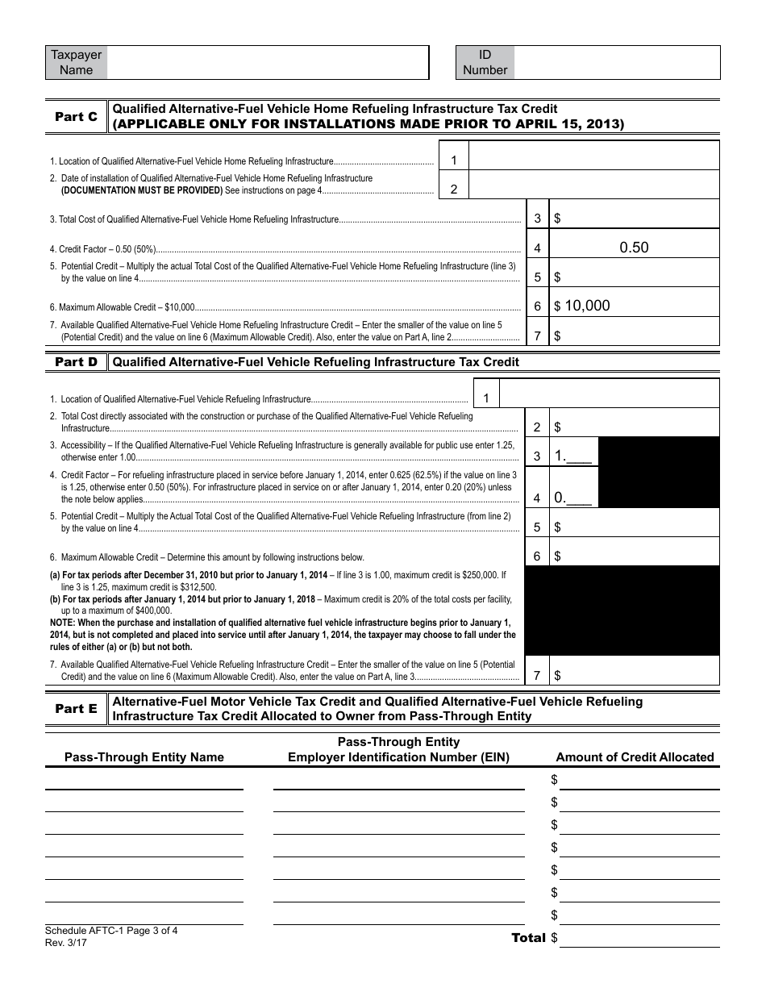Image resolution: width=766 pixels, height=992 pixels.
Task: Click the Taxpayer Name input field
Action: coord(267,62)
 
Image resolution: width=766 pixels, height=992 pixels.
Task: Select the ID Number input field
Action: coord(616,62)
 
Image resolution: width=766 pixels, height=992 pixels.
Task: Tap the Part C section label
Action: coord(76,117)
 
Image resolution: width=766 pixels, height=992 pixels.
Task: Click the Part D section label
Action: coord(76,362)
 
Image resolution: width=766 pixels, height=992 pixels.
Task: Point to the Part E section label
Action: coord(76,709)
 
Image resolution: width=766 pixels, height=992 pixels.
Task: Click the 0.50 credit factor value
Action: coord(634,248)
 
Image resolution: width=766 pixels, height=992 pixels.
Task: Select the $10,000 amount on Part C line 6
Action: coord(587,306)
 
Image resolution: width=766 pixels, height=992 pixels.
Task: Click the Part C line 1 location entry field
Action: coord(593,156)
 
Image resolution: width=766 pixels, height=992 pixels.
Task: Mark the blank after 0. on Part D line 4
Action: coord(580,499)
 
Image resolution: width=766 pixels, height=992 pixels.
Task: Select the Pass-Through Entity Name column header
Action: coord(144,757)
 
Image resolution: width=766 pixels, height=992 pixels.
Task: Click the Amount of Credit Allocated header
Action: coord(635,757)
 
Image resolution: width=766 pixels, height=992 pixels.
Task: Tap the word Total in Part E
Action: coord(528,938)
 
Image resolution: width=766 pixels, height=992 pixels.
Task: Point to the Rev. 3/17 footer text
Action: coord(66,942)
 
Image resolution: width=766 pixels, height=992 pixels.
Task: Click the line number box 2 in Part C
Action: coord(454,190)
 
